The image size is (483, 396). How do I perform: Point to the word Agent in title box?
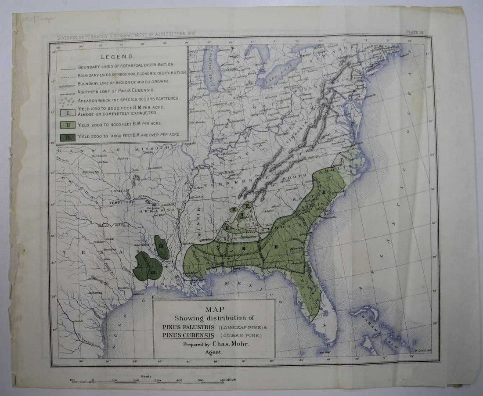tap(214, 352)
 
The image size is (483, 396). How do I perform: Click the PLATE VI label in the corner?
tap(415, 32)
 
